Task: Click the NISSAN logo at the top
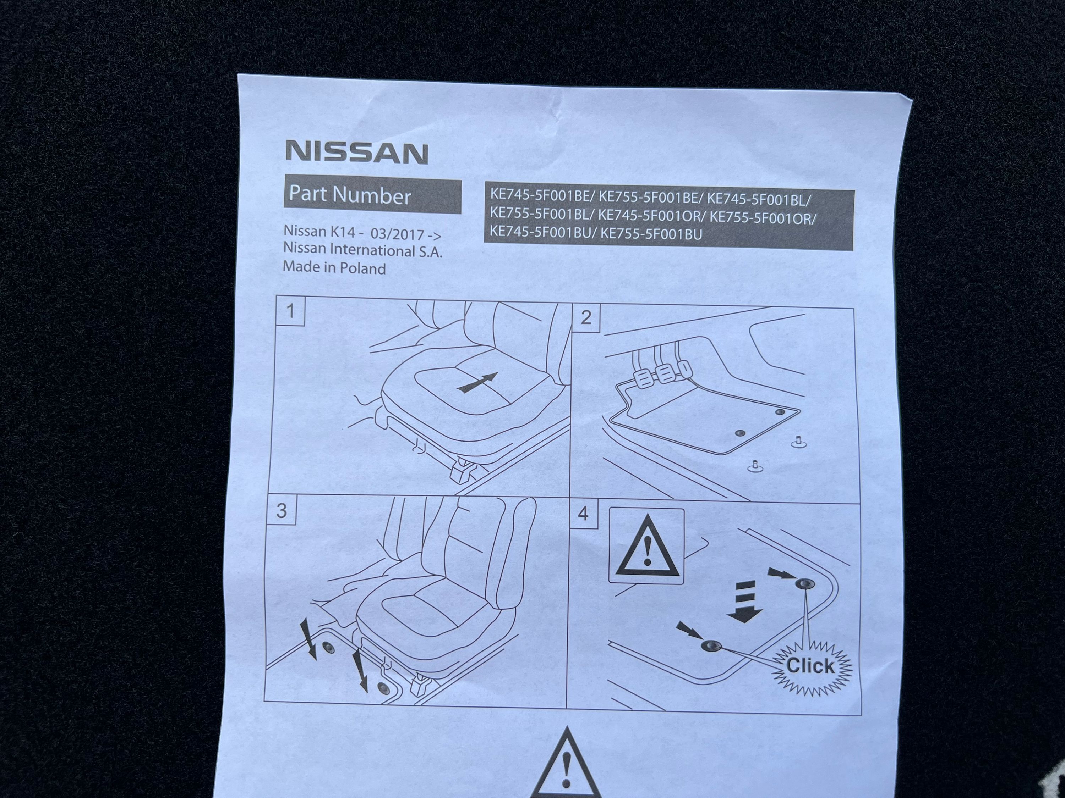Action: click(x=357, y=153)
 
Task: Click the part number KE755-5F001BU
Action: click(x=651, y=234)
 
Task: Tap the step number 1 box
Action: click(x=290, y=311)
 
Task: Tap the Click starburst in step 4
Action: click(x=811, y=666)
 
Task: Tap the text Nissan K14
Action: click(x=319, y=232)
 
